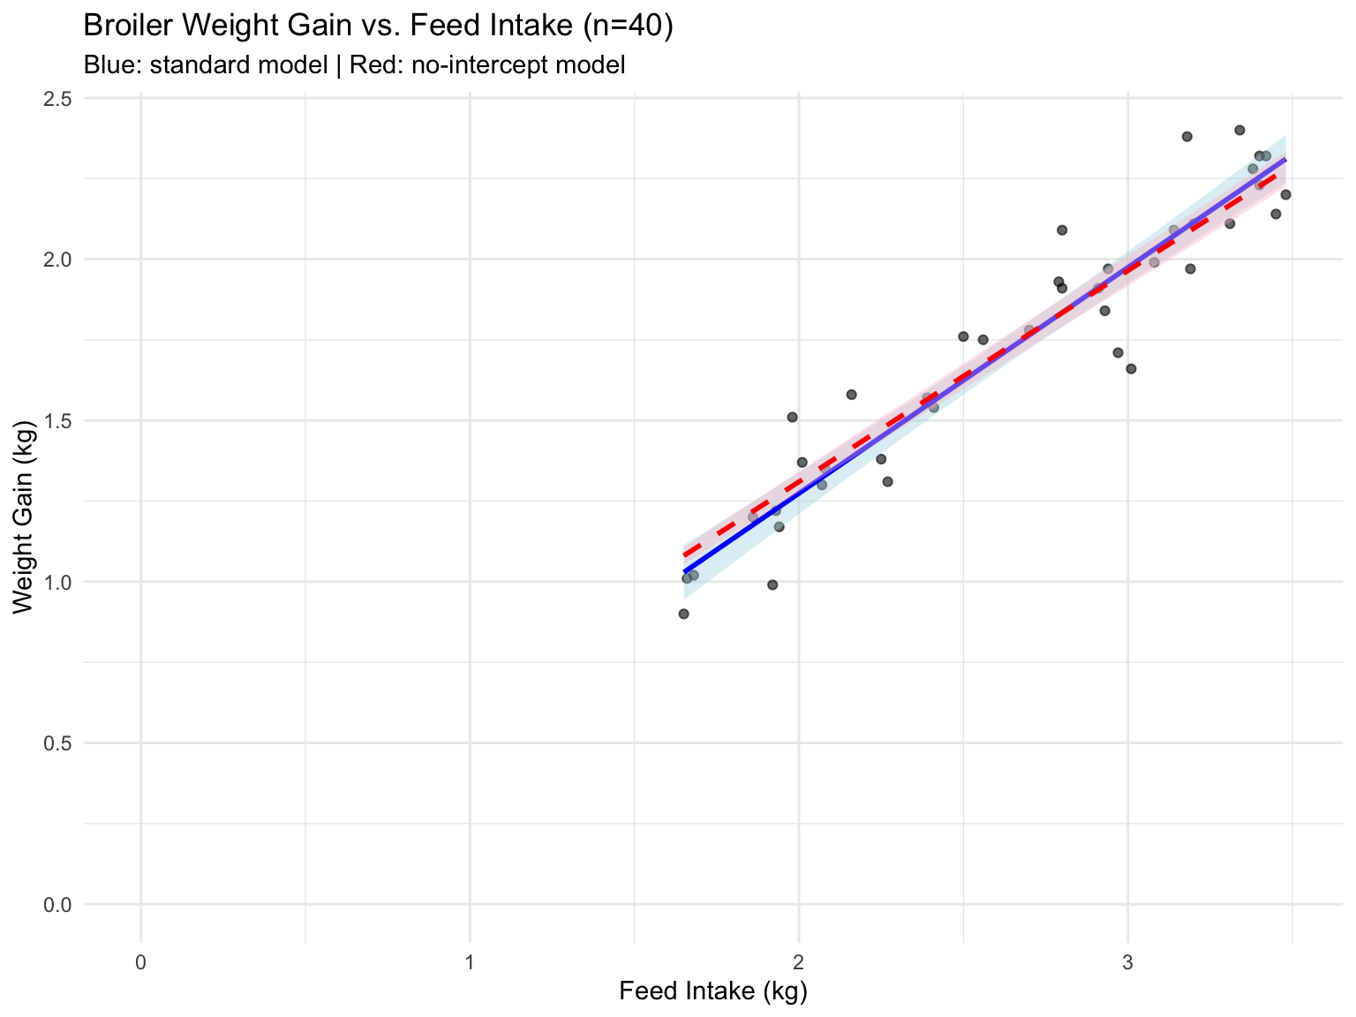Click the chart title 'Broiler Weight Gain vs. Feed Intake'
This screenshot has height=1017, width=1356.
pyautogui.click(x=328, y=26)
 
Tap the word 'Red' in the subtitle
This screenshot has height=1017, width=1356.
pyautogui.click(x=373, y=64)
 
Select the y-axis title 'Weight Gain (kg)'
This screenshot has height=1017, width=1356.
pyautogui.click(x=23, y=517)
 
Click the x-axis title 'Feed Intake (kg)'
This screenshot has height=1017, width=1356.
pyautogui.click(x=713, y=991)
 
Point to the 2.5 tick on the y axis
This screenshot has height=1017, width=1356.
pyautogui.click(x=58, y=99)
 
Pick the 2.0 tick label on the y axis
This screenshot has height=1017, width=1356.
pyautogui.click(x=58, y=260)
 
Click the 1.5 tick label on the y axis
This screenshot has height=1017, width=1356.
pyautogui.click(x=58, y=421)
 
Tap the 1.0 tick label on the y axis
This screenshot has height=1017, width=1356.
pyautogui.click(x=58, y=583)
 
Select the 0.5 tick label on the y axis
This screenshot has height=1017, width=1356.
pyautogui.click(x=58, y=743)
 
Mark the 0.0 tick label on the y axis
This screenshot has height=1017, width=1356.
pyautogui.click(x=58, y=905)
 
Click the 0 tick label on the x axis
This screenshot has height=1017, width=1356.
pyautogui.click(x=141, y=962)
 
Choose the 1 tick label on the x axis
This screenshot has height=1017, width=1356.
pyautogui.click(x=470, y=962)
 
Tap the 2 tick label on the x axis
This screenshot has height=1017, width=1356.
pyautogui.click(x=799, y=962)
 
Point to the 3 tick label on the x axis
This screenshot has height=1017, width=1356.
pyautogui.click(x=1128, y=962)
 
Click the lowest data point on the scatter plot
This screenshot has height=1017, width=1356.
pyautogui.click(x=684, y=614)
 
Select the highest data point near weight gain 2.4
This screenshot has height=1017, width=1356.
pyautogui.click(x=1239, y=131)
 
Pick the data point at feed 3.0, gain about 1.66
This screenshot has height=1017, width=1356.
pyautogui.click(x=1131, y=369)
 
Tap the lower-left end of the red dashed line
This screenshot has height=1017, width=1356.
pyautogui.click(x=684, y=554)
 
